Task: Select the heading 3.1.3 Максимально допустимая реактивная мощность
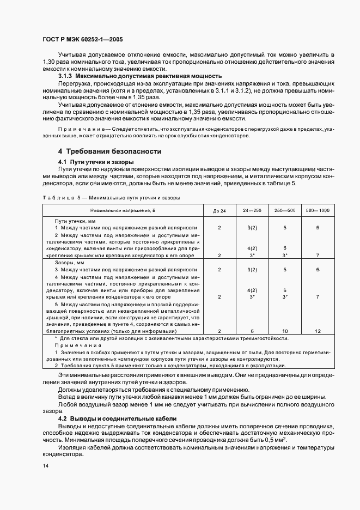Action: (139, 76)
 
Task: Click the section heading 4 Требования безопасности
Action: (109, 151)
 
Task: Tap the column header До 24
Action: (219, 210)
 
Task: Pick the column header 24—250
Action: (252, 210)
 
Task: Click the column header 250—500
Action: (285, 210)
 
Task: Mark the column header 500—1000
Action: (318, 210)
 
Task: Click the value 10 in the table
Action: (285, 331)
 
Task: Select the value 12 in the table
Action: (318, 331)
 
